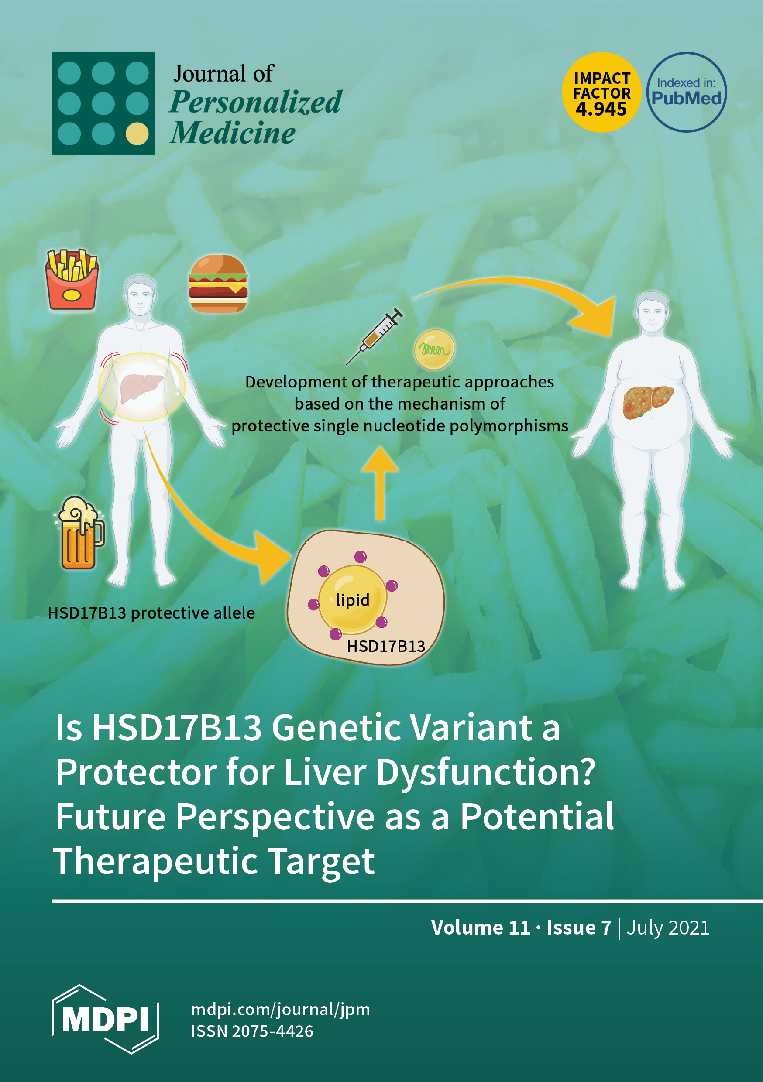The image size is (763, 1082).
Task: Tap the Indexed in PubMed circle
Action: [x=686, y=92]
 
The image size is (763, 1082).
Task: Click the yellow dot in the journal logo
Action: [x=137, y=134]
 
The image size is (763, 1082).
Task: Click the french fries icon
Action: [x=72, y=279]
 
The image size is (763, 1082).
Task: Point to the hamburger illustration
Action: [x=218, y=284]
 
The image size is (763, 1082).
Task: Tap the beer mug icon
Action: [x=79, y=533]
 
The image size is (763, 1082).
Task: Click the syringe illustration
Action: [x=374, y=336]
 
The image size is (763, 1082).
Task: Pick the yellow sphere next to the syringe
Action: [x=434, y=349]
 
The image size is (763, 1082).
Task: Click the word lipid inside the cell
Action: [x=352, y=600]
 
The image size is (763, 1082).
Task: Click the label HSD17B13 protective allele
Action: [x=151, y=613]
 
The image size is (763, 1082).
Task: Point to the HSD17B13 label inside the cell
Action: [x=386, y=646]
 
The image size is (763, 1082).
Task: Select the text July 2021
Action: [x=668, y=928]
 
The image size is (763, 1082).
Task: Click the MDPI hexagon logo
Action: [x=105, y=1019]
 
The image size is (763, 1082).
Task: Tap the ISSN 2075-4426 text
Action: [x=252, y=1031]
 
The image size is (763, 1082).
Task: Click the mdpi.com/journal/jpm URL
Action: [x=281, y=1010]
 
